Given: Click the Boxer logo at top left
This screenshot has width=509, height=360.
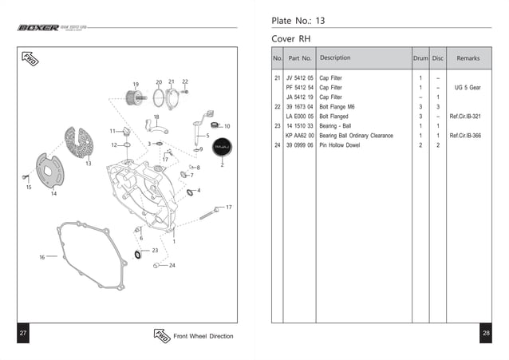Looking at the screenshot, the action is coord(38,28).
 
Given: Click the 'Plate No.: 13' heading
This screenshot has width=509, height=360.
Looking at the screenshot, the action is coord(298,20).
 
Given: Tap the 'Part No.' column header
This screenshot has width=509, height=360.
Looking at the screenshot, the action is coord(299,58).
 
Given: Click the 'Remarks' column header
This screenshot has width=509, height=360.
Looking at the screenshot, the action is coord(468,58).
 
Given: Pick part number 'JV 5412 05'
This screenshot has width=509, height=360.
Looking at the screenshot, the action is coord(299,77).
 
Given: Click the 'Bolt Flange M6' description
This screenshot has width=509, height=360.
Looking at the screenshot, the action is coord(339,106).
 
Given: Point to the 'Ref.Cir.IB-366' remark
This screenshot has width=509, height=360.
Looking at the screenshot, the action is coord(465,136).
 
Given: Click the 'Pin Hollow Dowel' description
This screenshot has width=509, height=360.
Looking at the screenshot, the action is coord(341,145).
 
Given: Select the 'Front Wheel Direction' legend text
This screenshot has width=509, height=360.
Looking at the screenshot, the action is coord(203,336).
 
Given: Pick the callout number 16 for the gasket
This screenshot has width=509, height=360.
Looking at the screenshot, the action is coord(42,257).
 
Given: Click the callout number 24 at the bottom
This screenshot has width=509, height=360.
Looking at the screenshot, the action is coord(172,265).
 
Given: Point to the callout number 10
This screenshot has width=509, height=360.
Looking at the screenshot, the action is coord(227,126).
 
